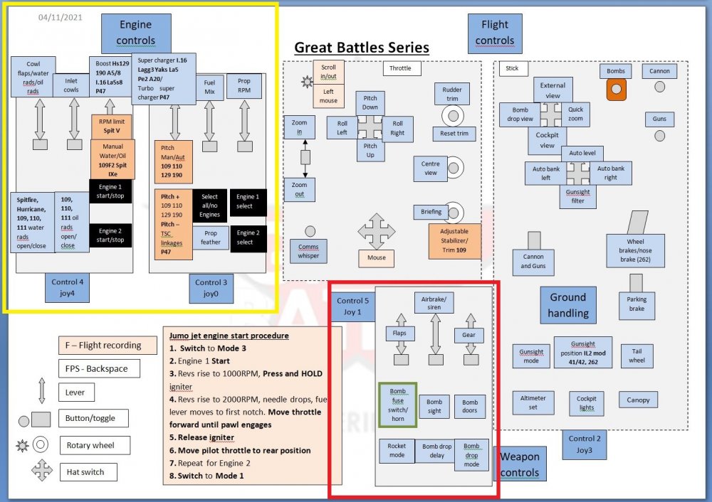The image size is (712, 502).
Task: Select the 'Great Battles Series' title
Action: click(x=362, y=48)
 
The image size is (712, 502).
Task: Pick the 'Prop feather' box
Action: click(x=210, y=237)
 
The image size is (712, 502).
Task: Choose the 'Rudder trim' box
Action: click(x=452, y=94)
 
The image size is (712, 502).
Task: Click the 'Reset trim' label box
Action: click(x=454, y=134)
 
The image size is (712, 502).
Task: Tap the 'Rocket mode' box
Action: click(x=397, y=451)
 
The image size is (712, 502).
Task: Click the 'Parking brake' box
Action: click(x=637, y=304)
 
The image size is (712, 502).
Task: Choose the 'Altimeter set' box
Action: click(x=533, y=403)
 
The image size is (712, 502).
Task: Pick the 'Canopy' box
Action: click(x=638, y=400)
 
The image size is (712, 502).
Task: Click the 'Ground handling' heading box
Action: click(x=567, y=305)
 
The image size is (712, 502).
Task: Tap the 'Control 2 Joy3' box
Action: click(x=585, y=444)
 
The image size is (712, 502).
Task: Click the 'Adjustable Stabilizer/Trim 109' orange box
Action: click(x=454, y=241)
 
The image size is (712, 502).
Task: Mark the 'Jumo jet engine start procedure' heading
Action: click(x=229, y=336)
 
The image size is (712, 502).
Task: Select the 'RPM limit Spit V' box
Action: click(x=111, y=127)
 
